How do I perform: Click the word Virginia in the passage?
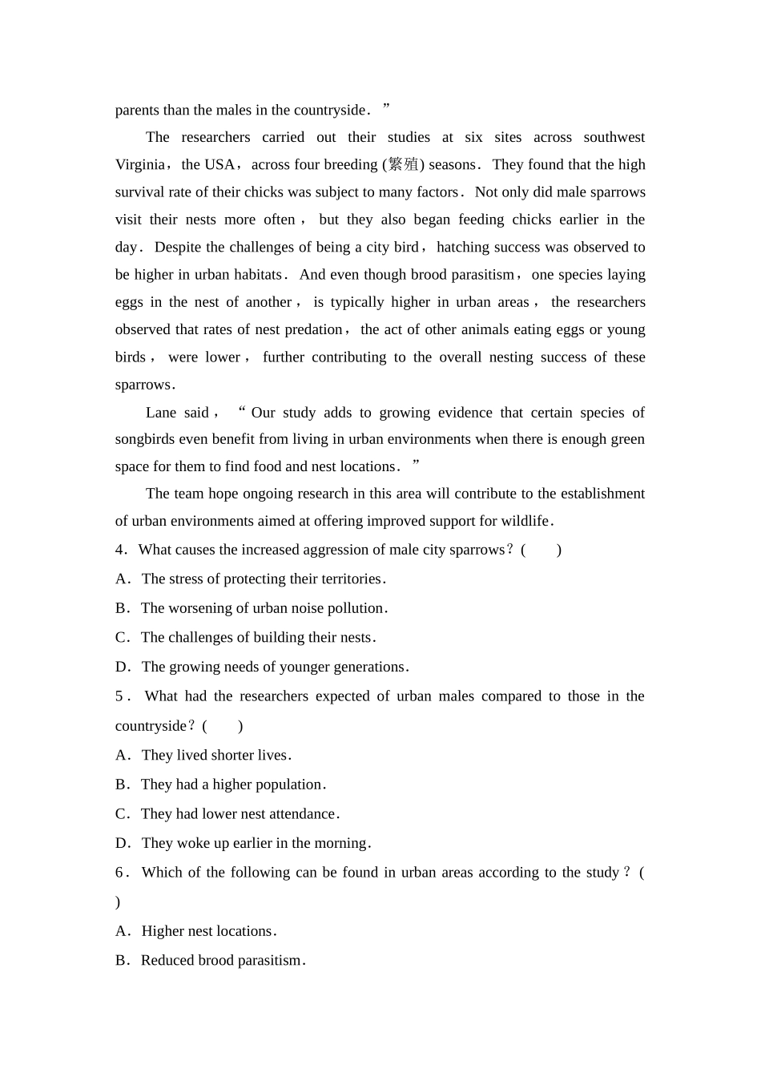point(139,165)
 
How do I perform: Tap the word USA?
point(219,165)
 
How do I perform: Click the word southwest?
point(614,138)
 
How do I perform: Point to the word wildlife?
point(524,522)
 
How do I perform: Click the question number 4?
point(119,551)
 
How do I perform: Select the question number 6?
point(119,873)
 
